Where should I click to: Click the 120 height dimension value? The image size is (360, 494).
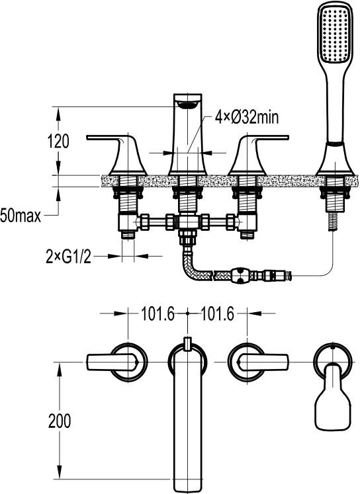(59, 141)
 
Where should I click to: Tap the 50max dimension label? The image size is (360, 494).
(21, 216)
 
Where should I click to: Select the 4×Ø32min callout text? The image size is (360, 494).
(247, 117)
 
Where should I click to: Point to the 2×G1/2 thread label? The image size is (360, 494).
(69, 258)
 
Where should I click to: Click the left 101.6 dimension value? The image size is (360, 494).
(157, 313)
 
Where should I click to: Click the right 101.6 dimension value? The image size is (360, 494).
(218, 313)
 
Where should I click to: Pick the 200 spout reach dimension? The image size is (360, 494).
(60, 421)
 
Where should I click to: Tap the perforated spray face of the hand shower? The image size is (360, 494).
(334, 33)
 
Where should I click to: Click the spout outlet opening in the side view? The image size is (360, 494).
(187, 105)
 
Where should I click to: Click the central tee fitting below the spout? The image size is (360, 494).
(187, 222)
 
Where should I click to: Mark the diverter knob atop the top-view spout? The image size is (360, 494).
(188, 344)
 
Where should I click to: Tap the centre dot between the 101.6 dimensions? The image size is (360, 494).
(187, 313)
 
